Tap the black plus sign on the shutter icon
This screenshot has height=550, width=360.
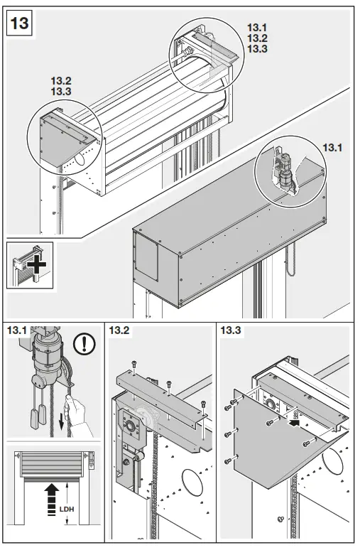pyautogui.click(x=36, y=271)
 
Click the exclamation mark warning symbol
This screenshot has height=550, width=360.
pyautogui.click(x=86, y=345)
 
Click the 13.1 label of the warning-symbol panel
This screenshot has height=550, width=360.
pyautogui.click(x=16, y=330)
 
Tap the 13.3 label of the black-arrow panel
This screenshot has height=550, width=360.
pyautogui.click(x=231, y=330)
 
